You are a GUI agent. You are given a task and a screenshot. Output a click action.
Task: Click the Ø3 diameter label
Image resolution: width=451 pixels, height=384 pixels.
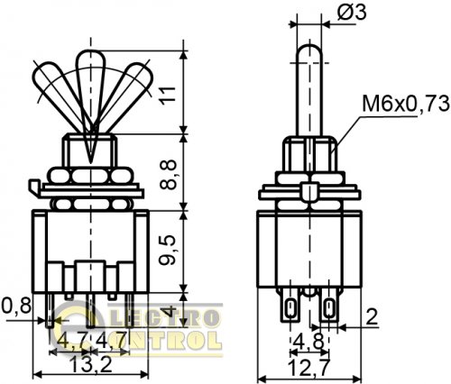352,14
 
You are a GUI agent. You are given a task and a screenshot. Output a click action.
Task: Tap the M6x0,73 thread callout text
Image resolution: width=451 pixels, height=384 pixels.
406,104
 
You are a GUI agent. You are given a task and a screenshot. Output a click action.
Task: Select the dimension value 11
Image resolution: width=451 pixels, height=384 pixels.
168,96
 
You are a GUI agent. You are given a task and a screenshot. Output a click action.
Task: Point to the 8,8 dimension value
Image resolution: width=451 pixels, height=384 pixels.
168,174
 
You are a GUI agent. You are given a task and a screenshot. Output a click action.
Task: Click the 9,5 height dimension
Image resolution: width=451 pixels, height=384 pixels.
168,250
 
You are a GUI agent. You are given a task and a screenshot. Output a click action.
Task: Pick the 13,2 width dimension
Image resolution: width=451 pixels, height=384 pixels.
90,366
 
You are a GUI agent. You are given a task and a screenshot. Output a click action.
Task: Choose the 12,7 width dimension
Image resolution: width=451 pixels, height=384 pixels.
308,367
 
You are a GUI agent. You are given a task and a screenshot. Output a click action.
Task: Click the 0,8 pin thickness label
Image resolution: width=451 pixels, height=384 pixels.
16,306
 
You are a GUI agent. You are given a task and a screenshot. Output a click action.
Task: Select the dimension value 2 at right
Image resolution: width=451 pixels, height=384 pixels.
373,316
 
